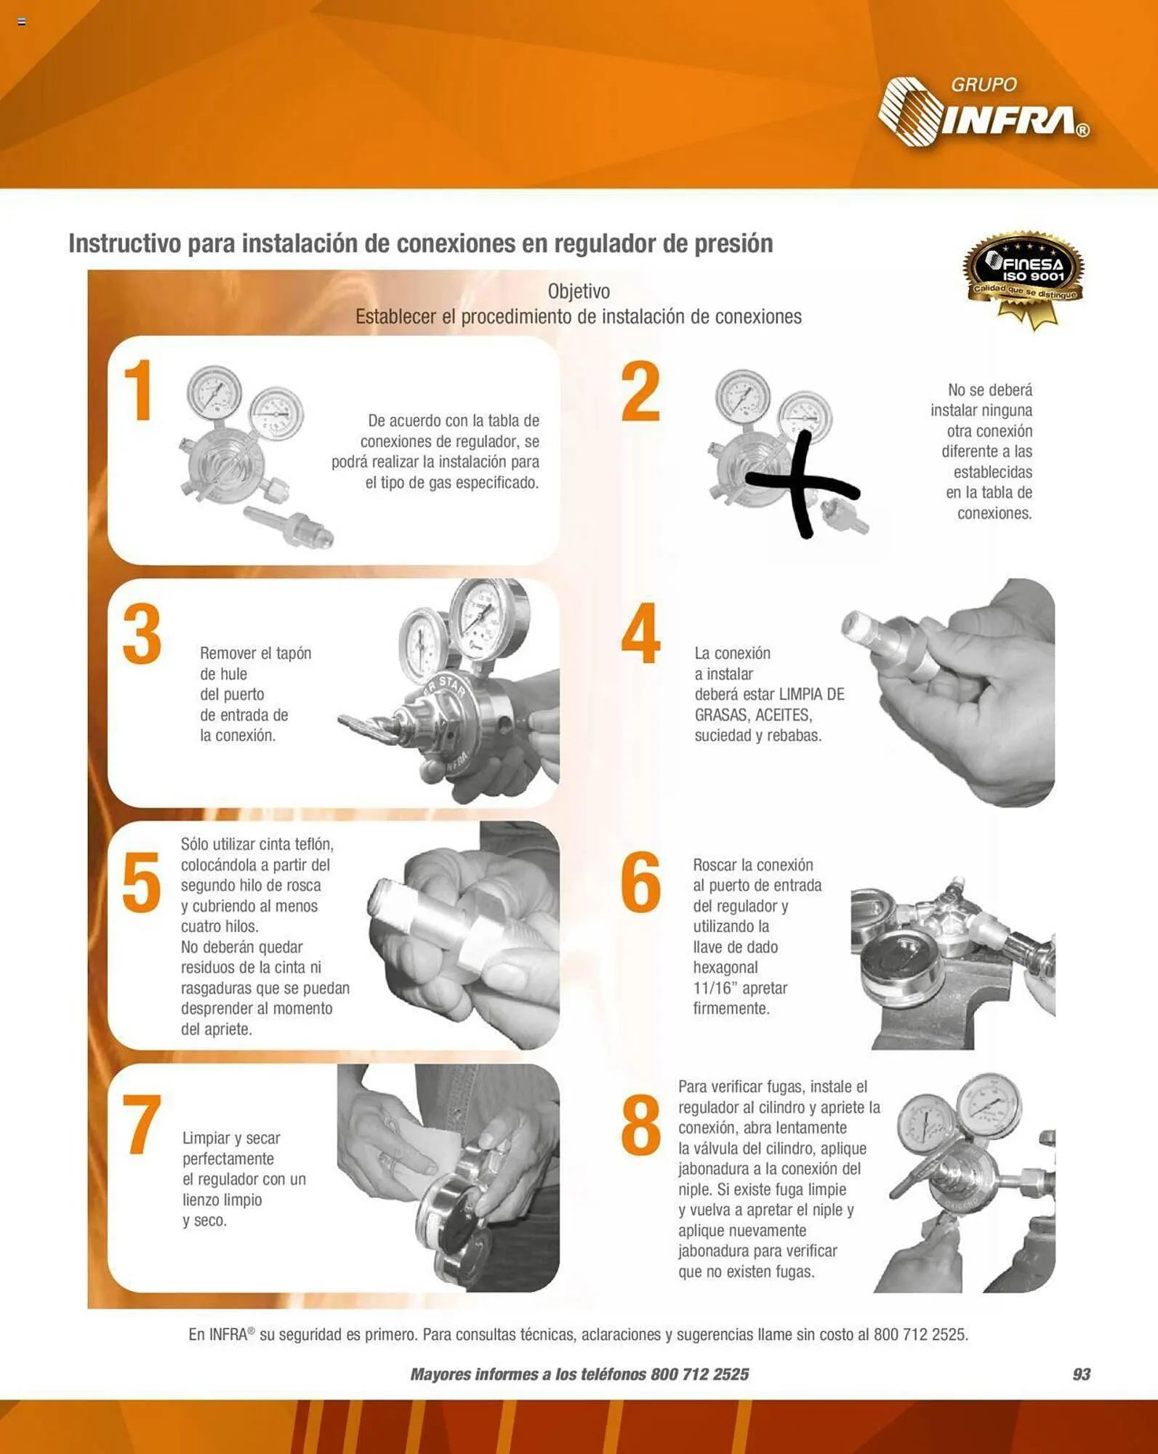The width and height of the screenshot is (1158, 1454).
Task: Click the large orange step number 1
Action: pos(138,390)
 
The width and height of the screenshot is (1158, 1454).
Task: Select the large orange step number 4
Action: pos(640,633)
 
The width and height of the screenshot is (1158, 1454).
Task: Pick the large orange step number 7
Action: pos(142,1123)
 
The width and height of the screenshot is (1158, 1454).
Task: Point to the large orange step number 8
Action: pos(640,1125)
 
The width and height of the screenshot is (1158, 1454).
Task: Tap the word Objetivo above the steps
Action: pos(579,292)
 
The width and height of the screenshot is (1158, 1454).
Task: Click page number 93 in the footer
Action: pos(1081,1374)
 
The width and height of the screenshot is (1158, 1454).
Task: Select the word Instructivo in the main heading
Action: pos(124,244)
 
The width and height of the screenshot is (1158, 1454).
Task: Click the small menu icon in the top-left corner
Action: pos(22,23)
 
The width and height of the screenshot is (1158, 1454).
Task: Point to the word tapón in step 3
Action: pos(294,654)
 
